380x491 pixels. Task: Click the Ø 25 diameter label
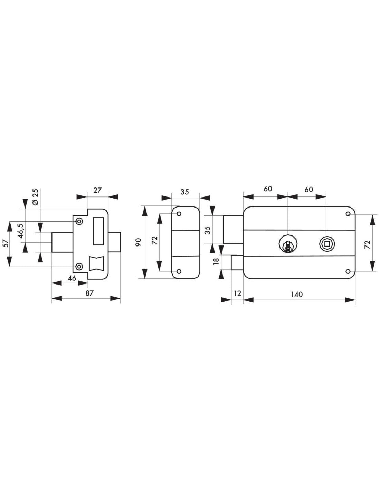tap(36, 197)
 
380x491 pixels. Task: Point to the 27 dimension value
tap(97, 190)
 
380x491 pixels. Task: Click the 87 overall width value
tap(89, 293)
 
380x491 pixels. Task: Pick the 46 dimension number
tap(72, 278)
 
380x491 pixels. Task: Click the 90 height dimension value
tap(139, 242)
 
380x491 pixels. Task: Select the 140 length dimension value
tap(297, 295)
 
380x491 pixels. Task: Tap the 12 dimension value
tap(238, 293)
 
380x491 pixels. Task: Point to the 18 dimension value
tap(216, 261)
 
